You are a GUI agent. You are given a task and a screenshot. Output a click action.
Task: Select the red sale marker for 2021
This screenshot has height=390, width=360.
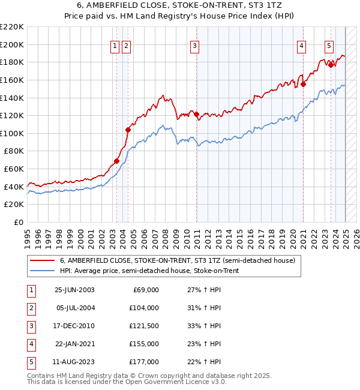303,84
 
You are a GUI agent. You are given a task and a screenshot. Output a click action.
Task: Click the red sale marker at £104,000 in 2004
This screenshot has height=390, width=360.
128,130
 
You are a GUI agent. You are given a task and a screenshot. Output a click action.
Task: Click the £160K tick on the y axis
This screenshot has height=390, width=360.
13,80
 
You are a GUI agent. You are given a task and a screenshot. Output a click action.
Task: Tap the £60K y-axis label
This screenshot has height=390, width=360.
14,169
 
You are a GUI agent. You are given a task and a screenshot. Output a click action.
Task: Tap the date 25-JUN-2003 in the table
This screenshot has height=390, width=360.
74,290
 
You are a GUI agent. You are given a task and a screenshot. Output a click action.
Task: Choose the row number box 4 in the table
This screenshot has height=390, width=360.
31,344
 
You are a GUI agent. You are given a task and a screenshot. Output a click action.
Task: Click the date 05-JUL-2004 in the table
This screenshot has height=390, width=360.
74,308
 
